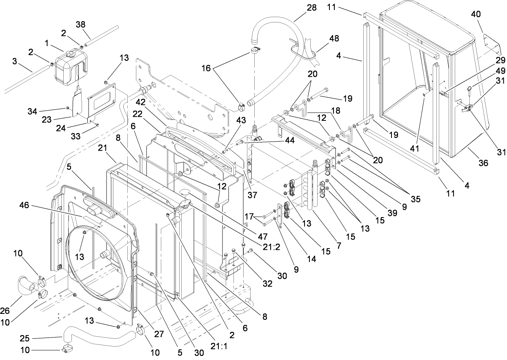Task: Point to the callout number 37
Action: pyautogui.click(x=253, y=196)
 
